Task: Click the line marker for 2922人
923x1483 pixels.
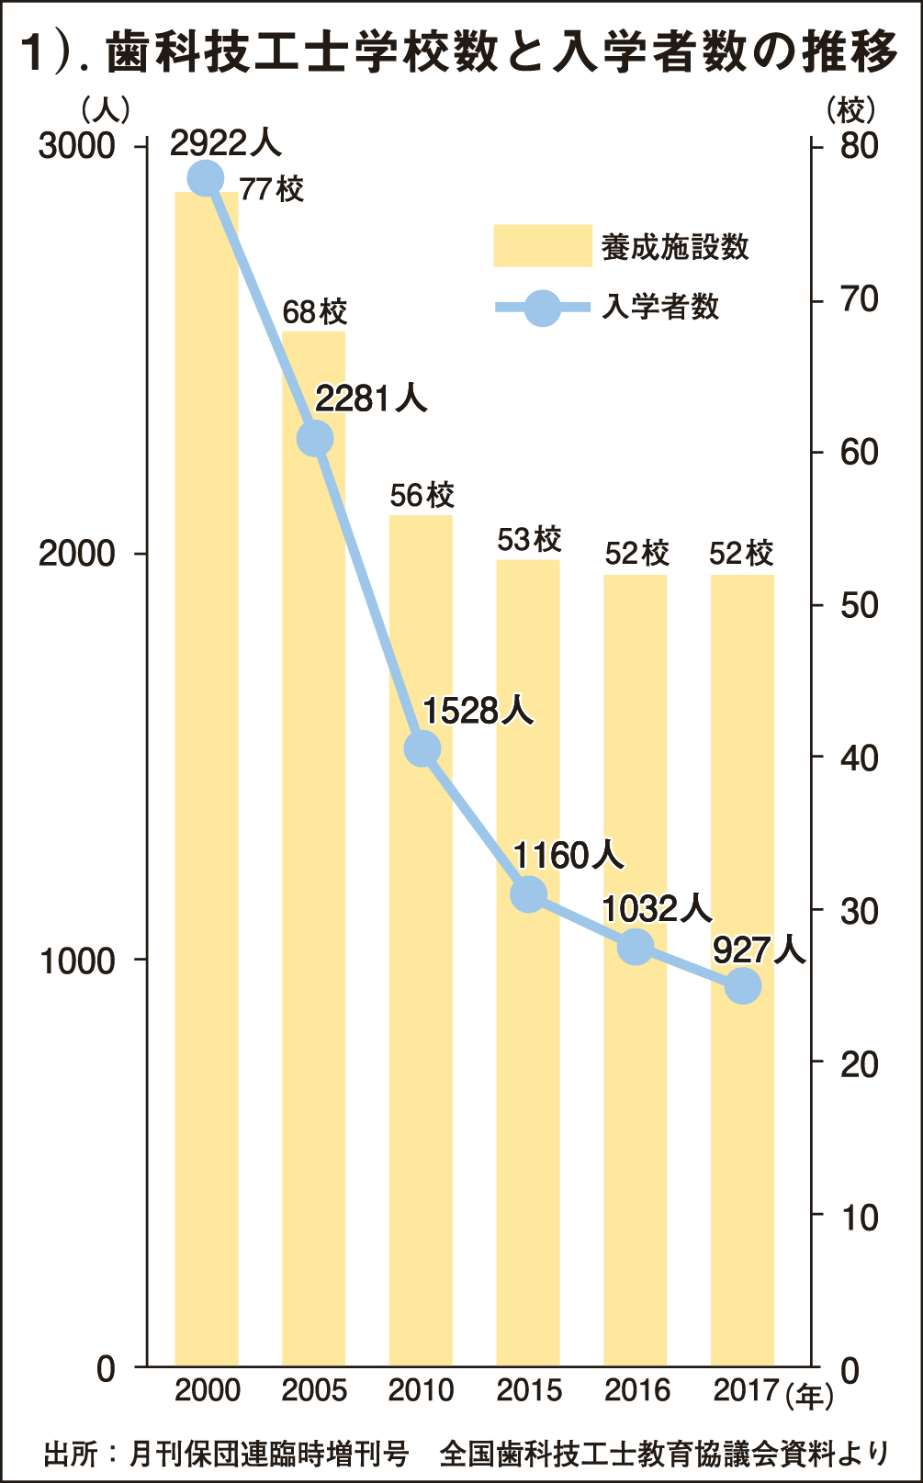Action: tap(205, 178)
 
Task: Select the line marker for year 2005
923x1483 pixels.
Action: tap(315, 439)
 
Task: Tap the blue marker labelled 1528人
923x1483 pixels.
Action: tap(422, 749)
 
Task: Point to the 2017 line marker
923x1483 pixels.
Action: tap(743, 987)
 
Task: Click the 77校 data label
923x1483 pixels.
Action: tap(272, 190)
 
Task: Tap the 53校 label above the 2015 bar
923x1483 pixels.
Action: tap(529, 539)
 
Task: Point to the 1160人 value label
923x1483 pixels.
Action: tap(568, 856)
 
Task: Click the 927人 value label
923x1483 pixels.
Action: tap(759, 949)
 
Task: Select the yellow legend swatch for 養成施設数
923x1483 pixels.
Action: tap(542, 245)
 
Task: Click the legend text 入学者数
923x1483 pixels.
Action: tap(660, 307)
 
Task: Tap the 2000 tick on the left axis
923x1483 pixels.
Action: tap(77, 554)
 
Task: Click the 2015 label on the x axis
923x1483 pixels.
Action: tap(529, 1390)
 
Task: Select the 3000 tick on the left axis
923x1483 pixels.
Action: tap(77, 147)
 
